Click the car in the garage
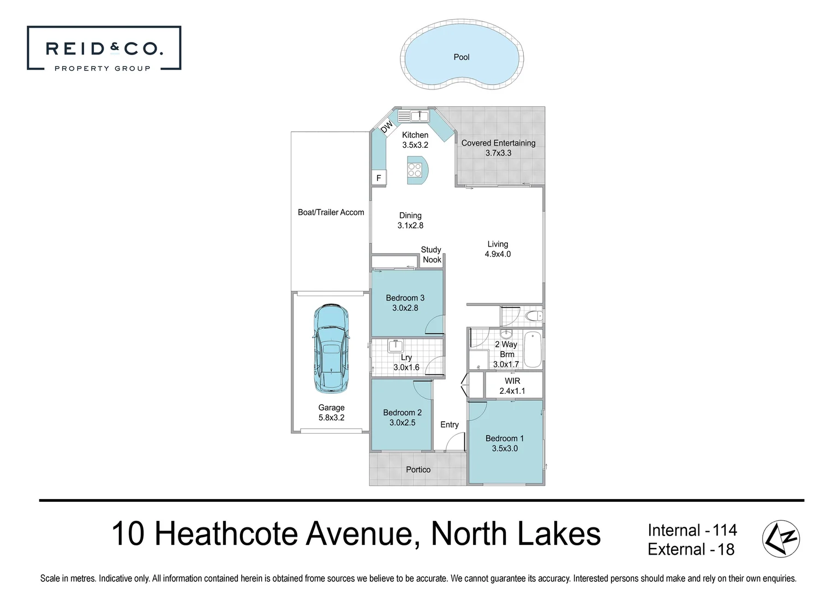331,349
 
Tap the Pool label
462,57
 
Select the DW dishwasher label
386,127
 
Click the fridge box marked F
379,178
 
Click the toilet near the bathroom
532,316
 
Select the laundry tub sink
394,345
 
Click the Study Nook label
431,255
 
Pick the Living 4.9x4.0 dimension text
498,254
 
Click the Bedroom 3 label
405,298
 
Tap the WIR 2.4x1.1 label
512,386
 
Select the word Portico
418,470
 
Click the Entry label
450,424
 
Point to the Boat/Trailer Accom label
331,212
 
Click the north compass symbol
781,539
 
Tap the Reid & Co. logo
104,49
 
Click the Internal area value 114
725,530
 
